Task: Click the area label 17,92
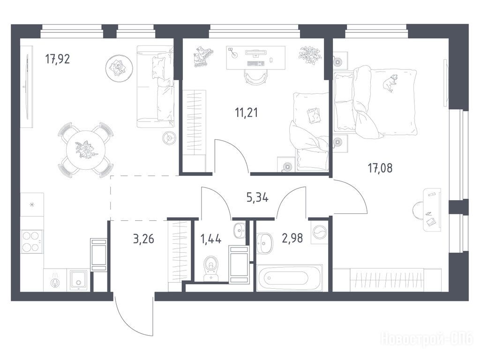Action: coord(58,59)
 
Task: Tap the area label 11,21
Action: coord(247,112)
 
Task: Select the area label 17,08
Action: coord(380,168)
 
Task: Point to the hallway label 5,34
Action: coord(257,197)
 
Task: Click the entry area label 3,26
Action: coord(143,239)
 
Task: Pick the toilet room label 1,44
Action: coord(210,239)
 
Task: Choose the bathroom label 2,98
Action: coord(292,238)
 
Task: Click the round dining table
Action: coord(86,150)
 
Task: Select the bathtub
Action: coord(289,278)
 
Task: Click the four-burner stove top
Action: coord(31,241)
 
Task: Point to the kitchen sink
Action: coord(79,280)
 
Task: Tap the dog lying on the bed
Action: coord(390,82)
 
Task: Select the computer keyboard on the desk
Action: coord(255,63)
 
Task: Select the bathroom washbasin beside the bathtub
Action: coord(264,243)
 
